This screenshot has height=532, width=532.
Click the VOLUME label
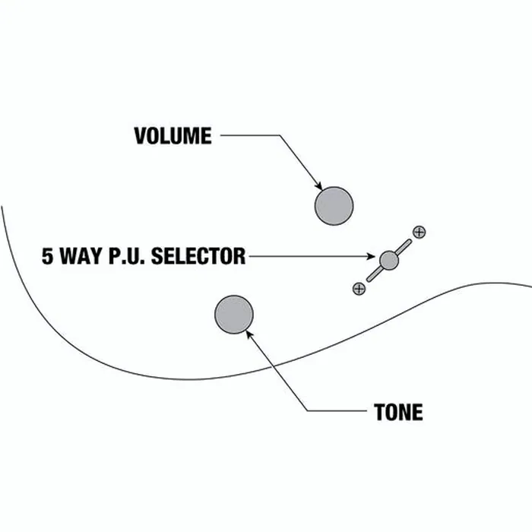coord(173,136)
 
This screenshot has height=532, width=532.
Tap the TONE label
coord(398,412)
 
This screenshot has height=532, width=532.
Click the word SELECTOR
coord(198,256)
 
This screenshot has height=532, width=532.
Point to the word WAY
coord(81,256)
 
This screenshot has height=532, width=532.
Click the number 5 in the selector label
coord(47,256)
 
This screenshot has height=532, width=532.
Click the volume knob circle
coord(334,206)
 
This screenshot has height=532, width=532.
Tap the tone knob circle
coord(234,315)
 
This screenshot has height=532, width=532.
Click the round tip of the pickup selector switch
coord(389,261)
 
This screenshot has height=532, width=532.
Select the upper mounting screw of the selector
coord(419,232)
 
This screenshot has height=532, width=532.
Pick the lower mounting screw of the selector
coord(359,289)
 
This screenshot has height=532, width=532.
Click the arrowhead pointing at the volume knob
coord(318,186)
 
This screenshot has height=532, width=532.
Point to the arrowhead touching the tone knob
coord(250,334)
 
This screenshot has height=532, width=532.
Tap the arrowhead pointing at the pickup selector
coord(371,256)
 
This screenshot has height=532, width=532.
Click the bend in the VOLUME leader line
coord(280,135)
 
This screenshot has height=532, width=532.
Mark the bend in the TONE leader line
coord(307,411)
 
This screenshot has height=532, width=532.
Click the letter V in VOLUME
coord(140,136)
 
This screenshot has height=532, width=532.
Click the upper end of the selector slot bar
coord(410,241)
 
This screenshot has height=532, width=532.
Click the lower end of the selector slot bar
coord(369,280)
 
